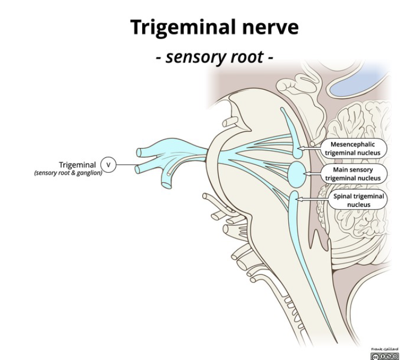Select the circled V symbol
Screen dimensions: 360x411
coord(109,164)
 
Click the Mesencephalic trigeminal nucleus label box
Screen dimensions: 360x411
coord(355,148)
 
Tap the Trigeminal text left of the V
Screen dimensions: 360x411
coord(77,165)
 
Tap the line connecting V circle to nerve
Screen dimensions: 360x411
coord(127,164)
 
